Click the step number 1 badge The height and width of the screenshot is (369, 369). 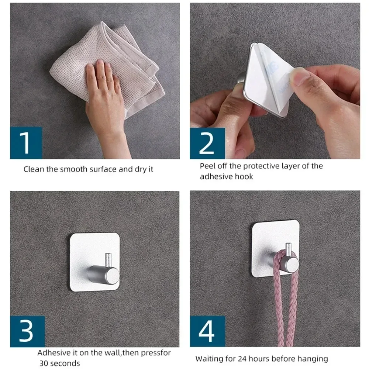(x=26, y=143)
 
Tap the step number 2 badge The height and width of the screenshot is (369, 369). (x=207, y=143)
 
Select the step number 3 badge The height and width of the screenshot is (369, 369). (x=27, y=331)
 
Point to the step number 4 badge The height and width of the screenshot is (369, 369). (x=207, y=331)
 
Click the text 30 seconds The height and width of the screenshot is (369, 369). (x=60, y=363)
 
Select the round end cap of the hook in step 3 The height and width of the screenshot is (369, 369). (x=113, y=275)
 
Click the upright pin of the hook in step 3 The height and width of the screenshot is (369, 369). (x=108, y=260)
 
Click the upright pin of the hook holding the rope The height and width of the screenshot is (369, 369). (x=288, y=250)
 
